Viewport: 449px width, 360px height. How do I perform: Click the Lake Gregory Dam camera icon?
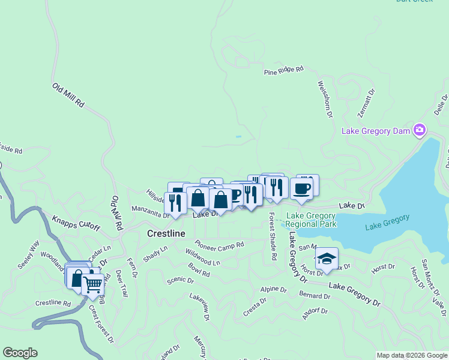coord(420,130)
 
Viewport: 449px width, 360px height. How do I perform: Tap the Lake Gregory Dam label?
coord(376,131)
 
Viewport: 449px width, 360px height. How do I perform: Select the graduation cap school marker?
coord(326,259)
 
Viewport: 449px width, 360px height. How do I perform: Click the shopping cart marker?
coord(92,285)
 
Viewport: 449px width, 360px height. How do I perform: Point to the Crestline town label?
coord(166,233)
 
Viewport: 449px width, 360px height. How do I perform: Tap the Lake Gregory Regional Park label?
coord(311,220)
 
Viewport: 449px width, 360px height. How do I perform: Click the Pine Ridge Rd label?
coord(284,71)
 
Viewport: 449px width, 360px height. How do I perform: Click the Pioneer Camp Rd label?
coord(219,245)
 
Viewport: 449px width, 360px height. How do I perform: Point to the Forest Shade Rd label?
coord(272,236)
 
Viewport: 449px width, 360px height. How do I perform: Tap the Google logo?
coord(20,353)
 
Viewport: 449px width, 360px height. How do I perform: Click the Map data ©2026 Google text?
coord(411,355)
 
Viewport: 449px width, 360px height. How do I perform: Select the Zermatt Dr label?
coord(366,103)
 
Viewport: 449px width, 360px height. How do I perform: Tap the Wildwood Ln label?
coord(202,258)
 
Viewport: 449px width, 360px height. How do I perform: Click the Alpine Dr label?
coord(273,289)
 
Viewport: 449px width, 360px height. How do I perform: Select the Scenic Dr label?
coord(180,280)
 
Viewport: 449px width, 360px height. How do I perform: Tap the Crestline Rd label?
coord(53,304)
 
